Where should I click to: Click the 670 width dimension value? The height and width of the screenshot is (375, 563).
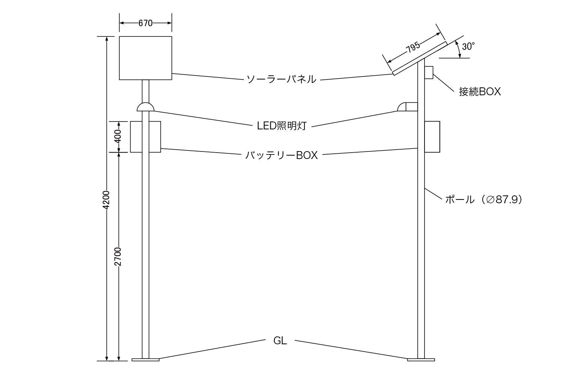(x=145, y=23)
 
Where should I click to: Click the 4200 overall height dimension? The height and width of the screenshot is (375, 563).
(x=107, y=199)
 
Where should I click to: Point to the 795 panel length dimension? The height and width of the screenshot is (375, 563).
(x=413, y=48)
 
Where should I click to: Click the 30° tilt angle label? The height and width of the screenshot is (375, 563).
(x=468, y=46)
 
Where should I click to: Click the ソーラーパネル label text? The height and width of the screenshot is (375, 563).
(x=281, y=79)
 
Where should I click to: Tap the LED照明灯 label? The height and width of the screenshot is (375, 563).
(x=282, y=126)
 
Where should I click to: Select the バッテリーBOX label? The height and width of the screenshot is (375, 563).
(x=281, y=155)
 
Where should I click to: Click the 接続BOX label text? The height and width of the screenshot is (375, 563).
(x=480, y=91)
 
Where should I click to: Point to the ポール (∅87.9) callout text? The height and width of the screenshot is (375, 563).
(x=484, y=199)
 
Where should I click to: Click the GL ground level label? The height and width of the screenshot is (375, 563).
(x=280, y=341)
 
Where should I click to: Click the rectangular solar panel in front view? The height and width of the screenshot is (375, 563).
(x=145, y=58)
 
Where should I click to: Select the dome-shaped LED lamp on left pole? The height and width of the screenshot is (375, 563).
(x=145, y=107)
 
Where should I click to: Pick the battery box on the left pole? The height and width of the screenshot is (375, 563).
(x=145, y=136)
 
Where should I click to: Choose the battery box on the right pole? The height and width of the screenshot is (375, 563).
(x=432, y=136)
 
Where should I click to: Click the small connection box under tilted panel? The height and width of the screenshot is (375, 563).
(x=429, y=72)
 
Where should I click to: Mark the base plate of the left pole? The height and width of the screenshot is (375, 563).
(x=145, y=360)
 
